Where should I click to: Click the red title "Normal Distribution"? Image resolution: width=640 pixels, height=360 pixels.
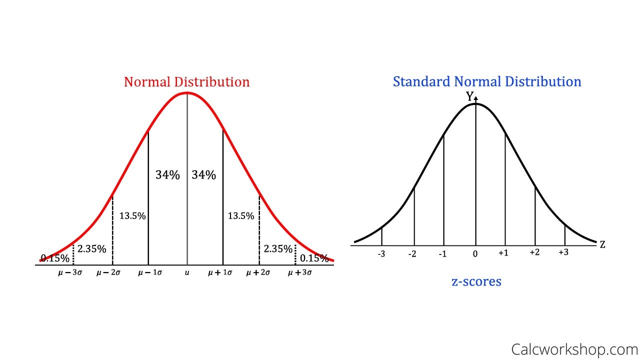[x=186, y=82]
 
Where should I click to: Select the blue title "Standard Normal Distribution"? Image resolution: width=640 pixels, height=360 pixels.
[x=487, y=81]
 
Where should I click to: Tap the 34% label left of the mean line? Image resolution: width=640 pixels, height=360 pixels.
[x=167, y=175]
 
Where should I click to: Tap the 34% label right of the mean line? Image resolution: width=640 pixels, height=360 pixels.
[x=204, y=175]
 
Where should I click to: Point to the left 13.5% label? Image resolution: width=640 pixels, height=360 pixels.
[x=132, y=216]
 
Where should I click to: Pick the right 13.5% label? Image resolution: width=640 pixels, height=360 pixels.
[x=241, y=216]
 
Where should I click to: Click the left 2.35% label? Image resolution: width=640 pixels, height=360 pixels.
[x=91, y=248]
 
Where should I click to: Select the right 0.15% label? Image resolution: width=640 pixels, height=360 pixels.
[x=314, y=258]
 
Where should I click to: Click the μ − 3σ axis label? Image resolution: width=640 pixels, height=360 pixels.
[x=70, y=273]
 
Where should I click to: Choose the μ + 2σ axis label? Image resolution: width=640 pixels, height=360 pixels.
[x=258, y=273]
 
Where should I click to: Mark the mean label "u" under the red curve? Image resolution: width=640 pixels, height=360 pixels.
[x=187, y=273]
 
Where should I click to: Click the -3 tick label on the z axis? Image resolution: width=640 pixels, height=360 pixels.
[x=381, y=254]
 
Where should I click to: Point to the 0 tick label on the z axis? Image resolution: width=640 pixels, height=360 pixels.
[x=475, y=254]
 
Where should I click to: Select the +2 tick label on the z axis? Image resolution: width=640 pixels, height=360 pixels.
[x=534, y=253]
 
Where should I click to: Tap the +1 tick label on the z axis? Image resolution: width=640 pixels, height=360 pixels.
[x=503, y=253]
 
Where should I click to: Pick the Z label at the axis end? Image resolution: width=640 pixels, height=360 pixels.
[x=602, y=244]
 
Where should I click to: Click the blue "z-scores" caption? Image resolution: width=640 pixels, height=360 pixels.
[x=476, y=281]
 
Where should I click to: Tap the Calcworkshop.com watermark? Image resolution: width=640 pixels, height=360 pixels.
[x=574, y=348]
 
